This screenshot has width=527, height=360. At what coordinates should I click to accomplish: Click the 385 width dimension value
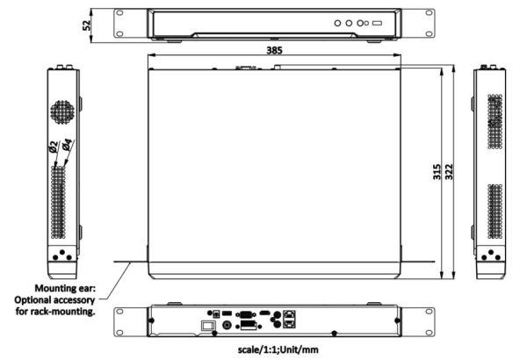(x=274, y=50)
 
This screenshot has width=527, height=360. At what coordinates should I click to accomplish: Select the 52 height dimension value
(x=87, y=25)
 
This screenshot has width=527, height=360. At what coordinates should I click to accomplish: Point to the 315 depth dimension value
(x=437, y=171)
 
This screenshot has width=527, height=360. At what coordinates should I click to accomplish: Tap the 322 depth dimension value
(x=449, y=171)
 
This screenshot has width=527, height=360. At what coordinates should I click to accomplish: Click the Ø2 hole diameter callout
(x=53, y=147)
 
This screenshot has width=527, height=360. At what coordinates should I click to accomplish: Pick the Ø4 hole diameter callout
(x=67, y=145)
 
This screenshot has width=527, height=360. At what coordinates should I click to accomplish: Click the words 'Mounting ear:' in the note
(x=65, y=288)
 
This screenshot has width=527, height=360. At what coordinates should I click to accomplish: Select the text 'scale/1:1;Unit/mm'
(x=278, y=349)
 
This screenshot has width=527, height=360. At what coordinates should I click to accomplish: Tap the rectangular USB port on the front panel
(x=377, y=23)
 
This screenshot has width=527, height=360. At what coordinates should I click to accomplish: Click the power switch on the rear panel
(x=208, y=326)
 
